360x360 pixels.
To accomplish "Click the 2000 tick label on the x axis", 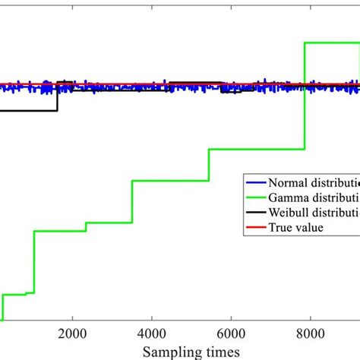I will [x=72, y=333].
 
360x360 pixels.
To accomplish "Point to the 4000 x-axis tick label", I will [x=151, y=333].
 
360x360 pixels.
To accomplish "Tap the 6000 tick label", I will [x=231, y=333].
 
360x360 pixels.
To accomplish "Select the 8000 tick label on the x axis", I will [x=310, y=333].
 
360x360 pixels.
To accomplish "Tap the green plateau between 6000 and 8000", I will [x=257, y=150].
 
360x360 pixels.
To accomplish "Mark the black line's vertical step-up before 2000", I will [x=58, y=96].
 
